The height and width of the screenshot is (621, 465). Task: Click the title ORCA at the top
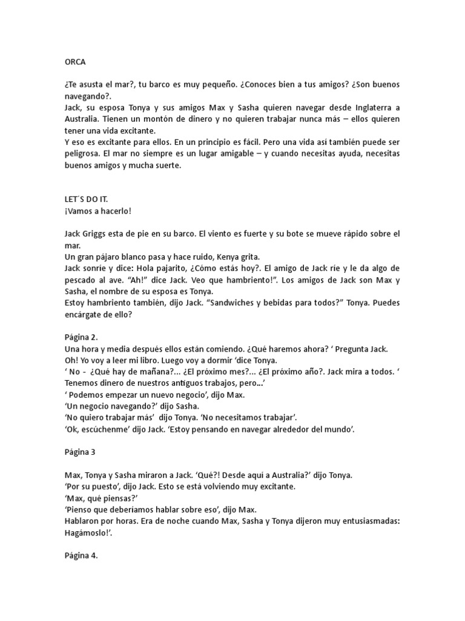click(x=75, y=61)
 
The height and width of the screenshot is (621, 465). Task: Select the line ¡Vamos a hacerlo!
click(x=97, y=211)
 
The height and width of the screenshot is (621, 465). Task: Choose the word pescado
click(x=84, y=280)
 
